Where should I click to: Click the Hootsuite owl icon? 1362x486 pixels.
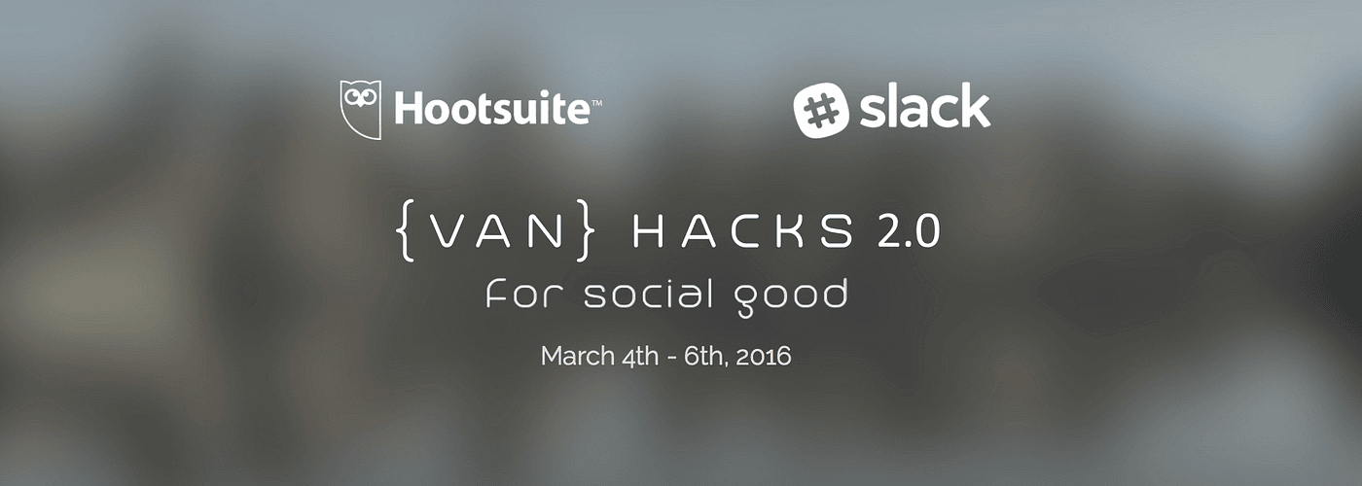coord(360,108)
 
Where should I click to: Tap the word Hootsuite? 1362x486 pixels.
coord(491,109)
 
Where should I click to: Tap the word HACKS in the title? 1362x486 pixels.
coord(742,233)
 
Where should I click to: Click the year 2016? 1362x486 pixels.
coord(765,356)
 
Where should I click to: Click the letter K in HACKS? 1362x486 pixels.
coord(798,233)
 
